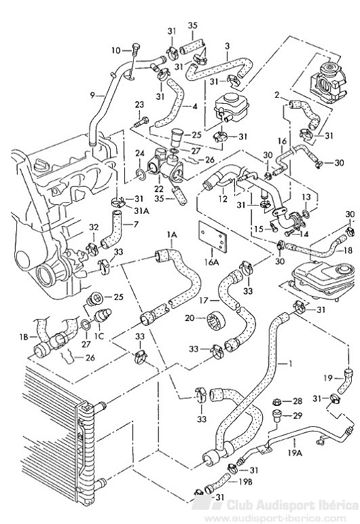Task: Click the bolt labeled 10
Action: [135, 50]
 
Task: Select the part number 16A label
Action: [211, 262]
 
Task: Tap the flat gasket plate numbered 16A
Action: [212, 236]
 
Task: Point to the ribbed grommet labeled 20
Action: [216, 321]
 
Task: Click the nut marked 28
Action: [276, 401]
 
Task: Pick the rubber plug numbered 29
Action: [277, 415]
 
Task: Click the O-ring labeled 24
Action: [141, 174]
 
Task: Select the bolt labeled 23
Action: [141, 121]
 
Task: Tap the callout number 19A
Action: [295, 453]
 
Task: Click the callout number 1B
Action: [24, 337]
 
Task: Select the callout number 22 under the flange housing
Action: [158, 188]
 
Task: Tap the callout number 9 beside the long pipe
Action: [92, 95]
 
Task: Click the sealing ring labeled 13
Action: [306, 214]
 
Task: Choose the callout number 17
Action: [204, 301]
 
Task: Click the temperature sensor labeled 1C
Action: [102, 315]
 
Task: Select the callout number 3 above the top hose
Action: [227, 45]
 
